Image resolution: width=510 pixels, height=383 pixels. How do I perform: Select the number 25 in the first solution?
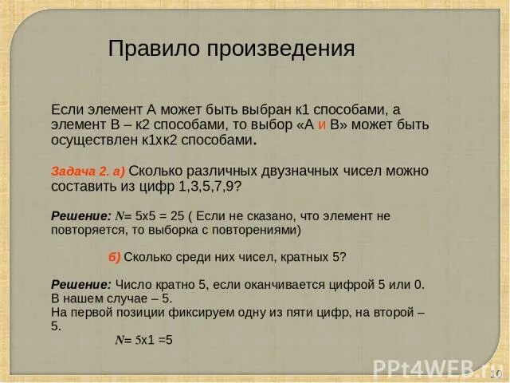point(178,216)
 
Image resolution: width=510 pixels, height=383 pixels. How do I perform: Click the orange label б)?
point(114,257)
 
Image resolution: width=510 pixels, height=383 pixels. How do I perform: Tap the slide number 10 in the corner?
point(495,374)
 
